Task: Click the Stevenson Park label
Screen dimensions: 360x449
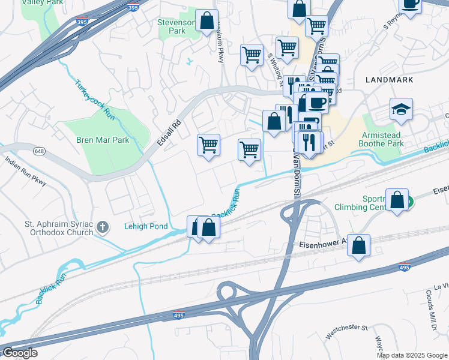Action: click(176, 26)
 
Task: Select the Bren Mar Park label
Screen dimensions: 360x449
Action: click(103, 140)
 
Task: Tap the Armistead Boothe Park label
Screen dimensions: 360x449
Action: click(381, 139)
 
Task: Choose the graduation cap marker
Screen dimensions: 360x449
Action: click(401, 109)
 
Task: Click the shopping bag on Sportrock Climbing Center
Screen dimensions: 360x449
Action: click(397, 200)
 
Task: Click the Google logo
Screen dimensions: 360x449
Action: click(20, 353)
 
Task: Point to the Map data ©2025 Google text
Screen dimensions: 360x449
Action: click(411, 355)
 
